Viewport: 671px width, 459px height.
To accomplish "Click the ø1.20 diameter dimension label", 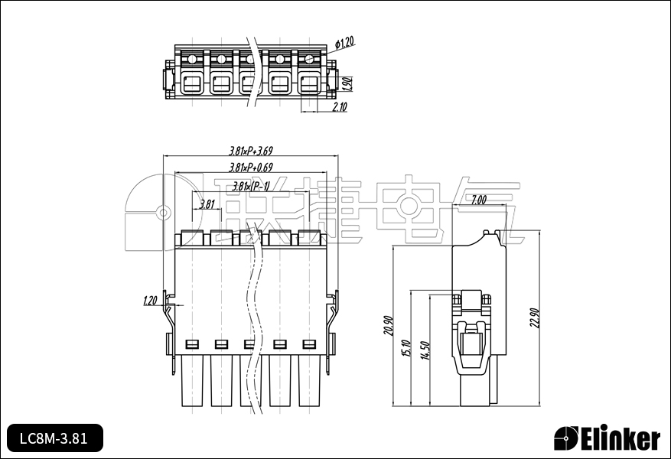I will pos(345,43).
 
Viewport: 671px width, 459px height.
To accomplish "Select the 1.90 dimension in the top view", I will pos(346,82).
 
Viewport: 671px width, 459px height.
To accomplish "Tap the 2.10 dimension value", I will pos(340,108).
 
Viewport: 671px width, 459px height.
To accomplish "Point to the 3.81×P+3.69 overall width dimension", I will pos(251,151).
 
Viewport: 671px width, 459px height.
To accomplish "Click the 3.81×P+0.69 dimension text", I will pos(251,167).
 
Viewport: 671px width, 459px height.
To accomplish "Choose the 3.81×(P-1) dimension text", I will pos(251,186).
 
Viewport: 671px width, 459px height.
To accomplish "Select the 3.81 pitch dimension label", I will pos(207,204).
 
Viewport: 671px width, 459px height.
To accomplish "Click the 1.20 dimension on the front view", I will pos(150,301).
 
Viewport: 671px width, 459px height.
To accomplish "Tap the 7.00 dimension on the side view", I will pos(478,200).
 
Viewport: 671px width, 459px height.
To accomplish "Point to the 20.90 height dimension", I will pos(388,327).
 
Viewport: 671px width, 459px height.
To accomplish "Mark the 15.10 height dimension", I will pos(406,349).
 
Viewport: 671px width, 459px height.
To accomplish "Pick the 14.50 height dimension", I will pos(425,350).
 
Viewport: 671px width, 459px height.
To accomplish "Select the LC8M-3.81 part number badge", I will pos(54,438).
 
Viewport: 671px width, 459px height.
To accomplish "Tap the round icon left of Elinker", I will pos(566,439).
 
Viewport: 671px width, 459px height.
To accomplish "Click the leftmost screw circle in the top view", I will pos(192,59).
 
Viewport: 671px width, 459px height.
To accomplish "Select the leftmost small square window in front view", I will pos(192,343).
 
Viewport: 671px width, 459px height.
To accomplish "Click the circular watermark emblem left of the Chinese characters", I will pos(163,212).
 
